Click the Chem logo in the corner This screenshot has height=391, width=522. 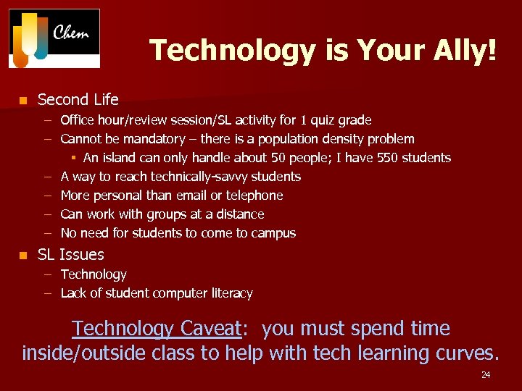54,38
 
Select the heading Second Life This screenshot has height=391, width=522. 78,100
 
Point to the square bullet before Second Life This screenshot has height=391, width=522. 23,100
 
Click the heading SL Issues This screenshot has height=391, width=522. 70,255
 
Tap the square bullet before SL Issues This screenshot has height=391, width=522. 23,255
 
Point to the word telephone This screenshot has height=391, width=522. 254,195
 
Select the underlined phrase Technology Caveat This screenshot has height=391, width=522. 156,329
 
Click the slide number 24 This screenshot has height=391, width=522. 486,375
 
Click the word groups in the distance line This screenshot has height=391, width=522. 165,214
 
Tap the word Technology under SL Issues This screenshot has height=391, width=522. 94,274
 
